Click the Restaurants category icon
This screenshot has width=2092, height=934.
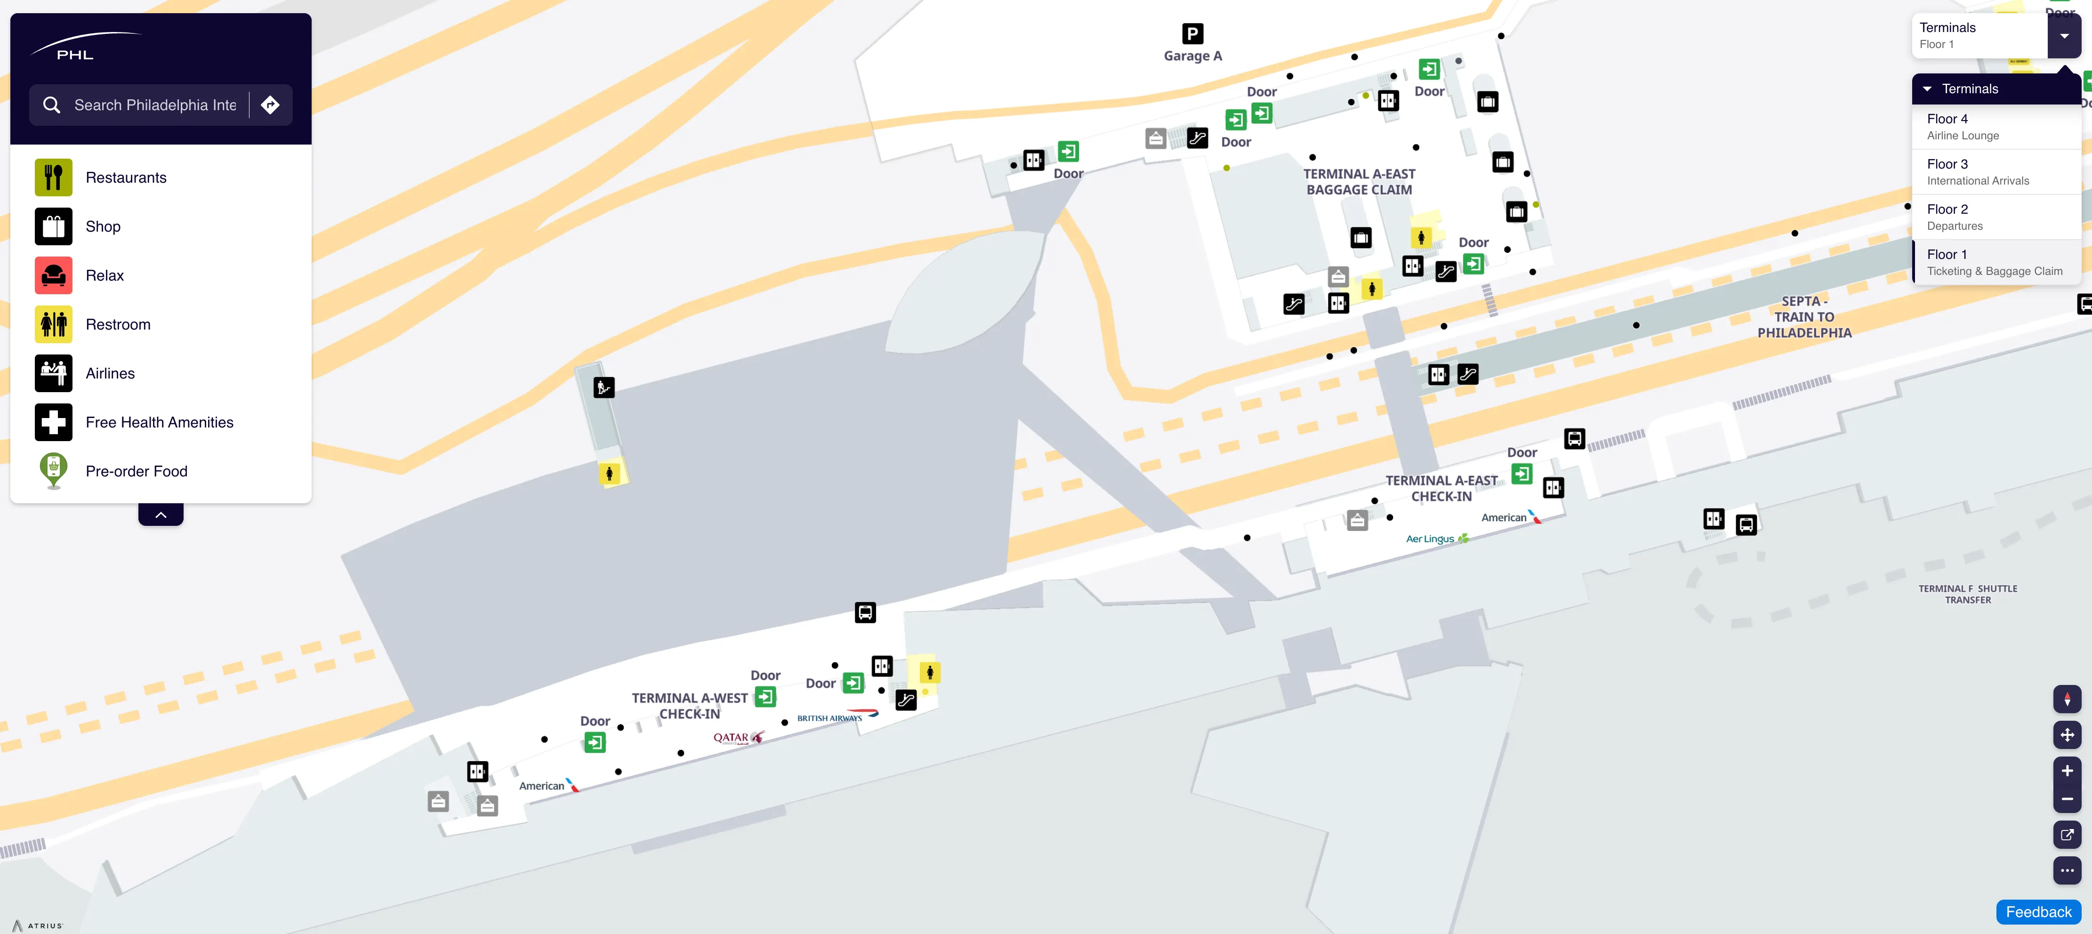point(54,177)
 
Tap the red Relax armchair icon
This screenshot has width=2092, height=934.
point(54,275)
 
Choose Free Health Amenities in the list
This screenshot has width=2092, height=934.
point(159,422)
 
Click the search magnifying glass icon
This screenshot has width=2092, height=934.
point(52,105)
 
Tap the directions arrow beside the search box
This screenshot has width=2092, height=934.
point(270,105)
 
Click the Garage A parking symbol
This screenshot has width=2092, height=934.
point(1192,33)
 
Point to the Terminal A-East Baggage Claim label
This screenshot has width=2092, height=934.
point(1359,182)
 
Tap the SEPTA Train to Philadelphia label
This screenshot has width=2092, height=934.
point(1804,317)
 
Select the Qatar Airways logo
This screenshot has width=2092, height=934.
point(737,737)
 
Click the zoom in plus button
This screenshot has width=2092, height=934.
point(2067,771)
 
